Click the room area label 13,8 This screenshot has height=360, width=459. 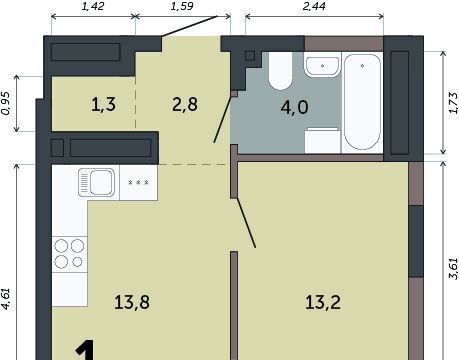pyautogui.click(x=132, y=302)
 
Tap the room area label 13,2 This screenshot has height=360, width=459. pyautogui.click(x=323, y=302)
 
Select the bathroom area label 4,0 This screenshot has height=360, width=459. pyautogui.click(x=294, y=107)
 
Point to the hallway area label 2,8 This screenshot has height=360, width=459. pyautogui.click(x=185, y=104)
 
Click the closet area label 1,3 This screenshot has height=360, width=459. pyautogui.click(x=103, y=104)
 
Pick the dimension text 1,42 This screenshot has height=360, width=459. pyautogui.click(x=93, y=6)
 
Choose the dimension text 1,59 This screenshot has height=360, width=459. pyautogui.click(x=182, y=6)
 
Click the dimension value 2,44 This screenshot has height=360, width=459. pyautogui.click(x=314, y=6)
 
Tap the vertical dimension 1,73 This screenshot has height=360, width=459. pyautogui.click(x=454, y=103)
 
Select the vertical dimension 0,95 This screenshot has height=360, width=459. pyautogui.click(x=6, y=103)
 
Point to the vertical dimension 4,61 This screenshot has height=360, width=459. pyautogui.click(x=6, y=299)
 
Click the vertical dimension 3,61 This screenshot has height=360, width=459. pyautogui.click(x=454, y=268)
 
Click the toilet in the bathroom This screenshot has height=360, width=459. pyautogui.click(x=281, y=71)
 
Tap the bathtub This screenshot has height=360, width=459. pyautogui.click(x=362, y=102)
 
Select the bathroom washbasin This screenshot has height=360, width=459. pyautogui.click(x=322, y=66)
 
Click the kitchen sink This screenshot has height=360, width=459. pyautogui.click(x=97, y=182)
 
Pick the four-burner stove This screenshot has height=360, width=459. pyautogui.click(x=69, y=254)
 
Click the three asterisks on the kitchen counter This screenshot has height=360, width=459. pyautogui.click(x=138, y=183)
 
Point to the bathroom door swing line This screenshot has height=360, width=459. pyautogui.click(x=223, y=120)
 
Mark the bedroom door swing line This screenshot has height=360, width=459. pyautogui.click(x=246, y=223)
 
